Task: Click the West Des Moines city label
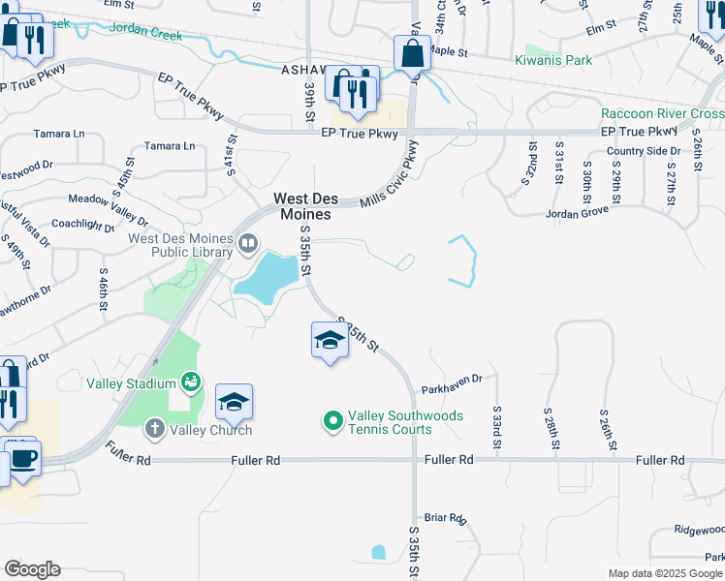[305, 205]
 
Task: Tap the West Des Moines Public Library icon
[248, 242]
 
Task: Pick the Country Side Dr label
[644, 151]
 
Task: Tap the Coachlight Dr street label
[84, 224]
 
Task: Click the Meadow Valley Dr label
[107, 199]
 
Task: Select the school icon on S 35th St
[330, 341]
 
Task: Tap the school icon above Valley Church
[234, 402]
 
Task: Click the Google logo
[32, 569]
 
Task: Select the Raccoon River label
[655, 113]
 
